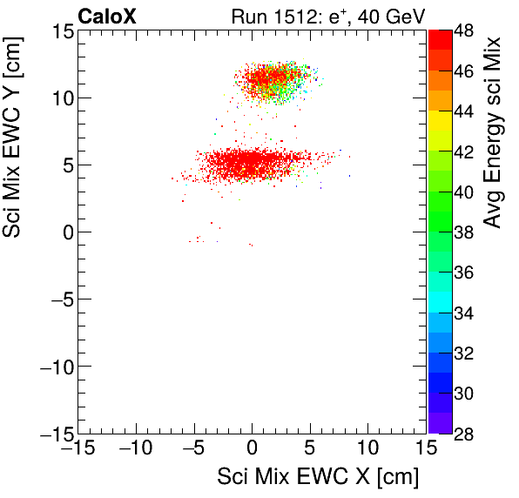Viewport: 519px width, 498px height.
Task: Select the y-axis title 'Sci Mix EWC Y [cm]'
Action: pyautogui.click(x=16, y=152)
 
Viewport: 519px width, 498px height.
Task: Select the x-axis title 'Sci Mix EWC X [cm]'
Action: pyautogui.click(x=317, y=477)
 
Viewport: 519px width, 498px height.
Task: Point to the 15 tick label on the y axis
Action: pyautogui.click(x=60, y=31)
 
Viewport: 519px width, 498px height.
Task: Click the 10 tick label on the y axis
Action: pyautogui.click(x=60, y=98)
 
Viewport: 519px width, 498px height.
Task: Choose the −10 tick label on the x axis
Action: pyautogui.click(x=135, y=449)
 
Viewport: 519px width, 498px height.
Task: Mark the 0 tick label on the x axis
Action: pyautogui.click(x=252, y=449)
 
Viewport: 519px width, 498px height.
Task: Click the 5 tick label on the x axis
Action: pyautogui.click(x=310, y=449)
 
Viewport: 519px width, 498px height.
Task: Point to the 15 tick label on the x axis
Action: pyautogui.click(x=425, y=449)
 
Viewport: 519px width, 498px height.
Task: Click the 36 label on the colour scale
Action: pyautogui.click(x=464, y=273)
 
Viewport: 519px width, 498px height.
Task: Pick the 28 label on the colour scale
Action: pyautogui.click(x=464, y=433)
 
